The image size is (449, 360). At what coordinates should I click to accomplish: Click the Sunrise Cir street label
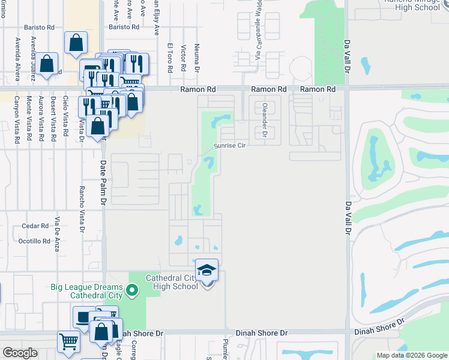pos(231,146)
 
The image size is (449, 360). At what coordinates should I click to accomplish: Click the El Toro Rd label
pos(170,58)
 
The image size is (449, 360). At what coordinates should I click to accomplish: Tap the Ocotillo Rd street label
pos(34,241)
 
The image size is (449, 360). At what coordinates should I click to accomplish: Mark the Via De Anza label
pos(58,232)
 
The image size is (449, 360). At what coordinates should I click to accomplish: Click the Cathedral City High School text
pos(173,282)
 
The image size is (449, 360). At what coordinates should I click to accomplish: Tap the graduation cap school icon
pos(206,271)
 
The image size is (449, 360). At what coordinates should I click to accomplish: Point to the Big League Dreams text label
pos(91,291)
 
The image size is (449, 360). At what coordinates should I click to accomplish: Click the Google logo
pos(20,353)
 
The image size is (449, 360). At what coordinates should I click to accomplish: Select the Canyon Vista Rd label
pos(17,119)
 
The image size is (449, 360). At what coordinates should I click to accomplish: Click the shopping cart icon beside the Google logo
pos(68,341)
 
